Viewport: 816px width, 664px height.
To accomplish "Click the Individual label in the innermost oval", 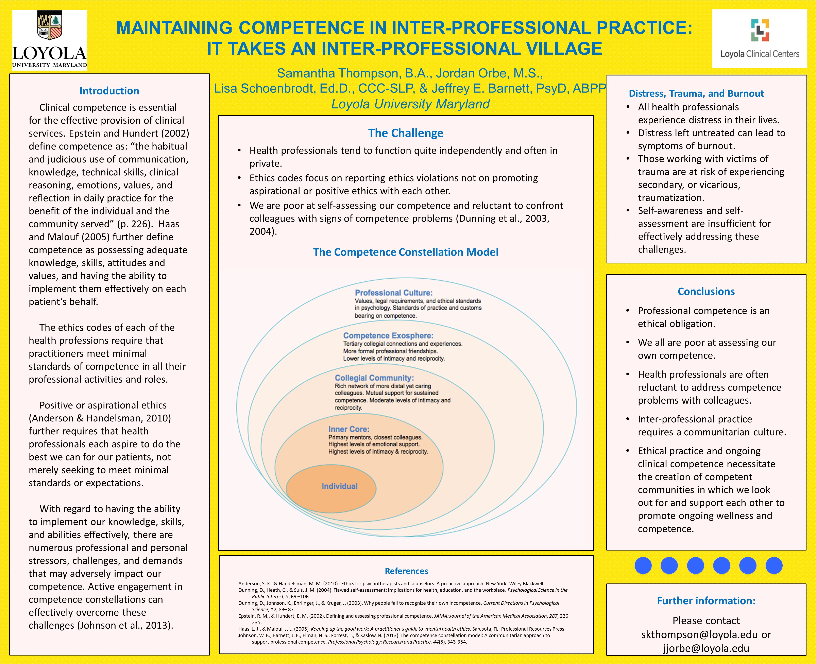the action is point(340,486).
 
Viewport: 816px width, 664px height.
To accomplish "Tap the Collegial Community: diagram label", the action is point(374,378).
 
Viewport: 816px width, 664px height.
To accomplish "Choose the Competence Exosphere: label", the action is point(388,335).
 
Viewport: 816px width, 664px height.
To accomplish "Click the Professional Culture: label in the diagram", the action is point(394,293).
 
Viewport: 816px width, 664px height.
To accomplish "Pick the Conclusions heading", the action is point(706,292).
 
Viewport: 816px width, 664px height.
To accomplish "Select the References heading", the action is point(406,571).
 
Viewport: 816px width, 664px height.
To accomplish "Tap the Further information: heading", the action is point(706,601).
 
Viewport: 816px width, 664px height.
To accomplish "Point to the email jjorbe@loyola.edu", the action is point(706,648).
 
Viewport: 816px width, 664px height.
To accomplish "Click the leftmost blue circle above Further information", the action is point(643,565).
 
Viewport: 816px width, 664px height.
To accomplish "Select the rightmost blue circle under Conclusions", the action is point(774,565).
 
